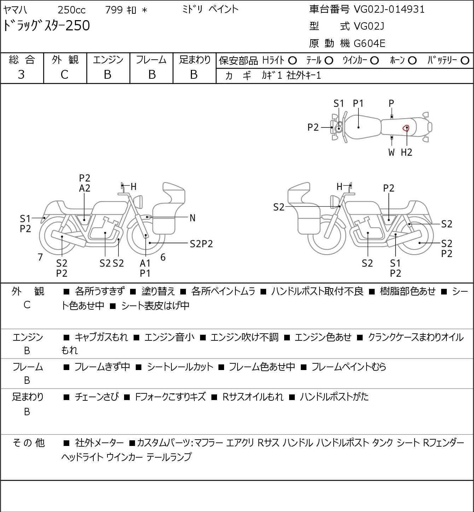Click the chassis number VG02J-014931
389,10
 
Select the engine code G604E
369,43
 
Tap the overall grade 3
21,75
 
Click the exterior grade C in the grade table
64,75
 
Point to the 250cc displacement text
71,10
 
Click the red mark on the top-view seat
406,127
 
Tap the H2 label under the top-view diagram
406,152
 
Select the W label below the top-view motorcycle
391,152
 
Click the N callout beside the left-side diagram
192,218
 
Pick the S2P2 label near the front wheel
201,244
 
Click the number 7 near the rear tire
40,257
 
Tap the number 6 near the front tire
163,257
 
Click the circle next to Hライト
292,61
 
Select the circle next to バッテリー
465,61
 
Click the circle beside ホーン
412,61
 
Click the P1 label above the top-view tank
358,104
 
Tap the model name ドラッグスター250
46,26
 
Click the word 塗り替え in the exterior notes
158,291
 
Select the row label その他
29,443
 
